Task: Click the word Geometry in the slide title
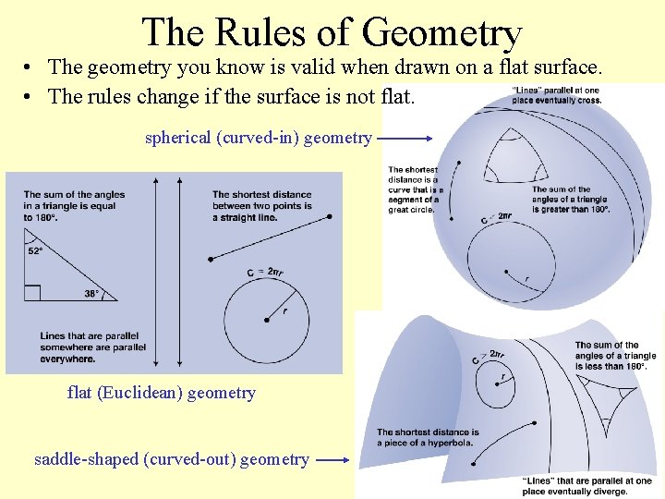click(443, 33)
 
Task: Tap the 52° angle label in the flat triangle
click(36, 250)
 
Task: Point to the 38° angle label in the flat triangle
click(91, 293)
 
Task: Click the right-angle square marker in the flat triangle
click(32, 293)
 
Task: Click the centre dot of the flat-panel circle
click(267, 320)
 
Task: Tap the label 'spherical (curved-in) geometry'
click(258, 138)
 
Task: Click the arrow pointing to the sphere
click(405, 139)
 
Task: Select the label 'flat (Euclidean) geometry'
click(161, 393)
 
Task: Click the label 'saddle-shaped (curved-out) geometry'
click(171, 459)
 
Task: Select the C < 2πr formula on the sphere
click(497, 217)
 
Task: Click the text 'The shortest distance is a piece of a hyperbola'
click(428, 437)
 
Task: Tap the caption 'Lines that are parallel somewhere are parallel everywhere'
click(92, 347)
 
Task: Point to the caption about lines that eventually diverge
click(586, 486)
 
